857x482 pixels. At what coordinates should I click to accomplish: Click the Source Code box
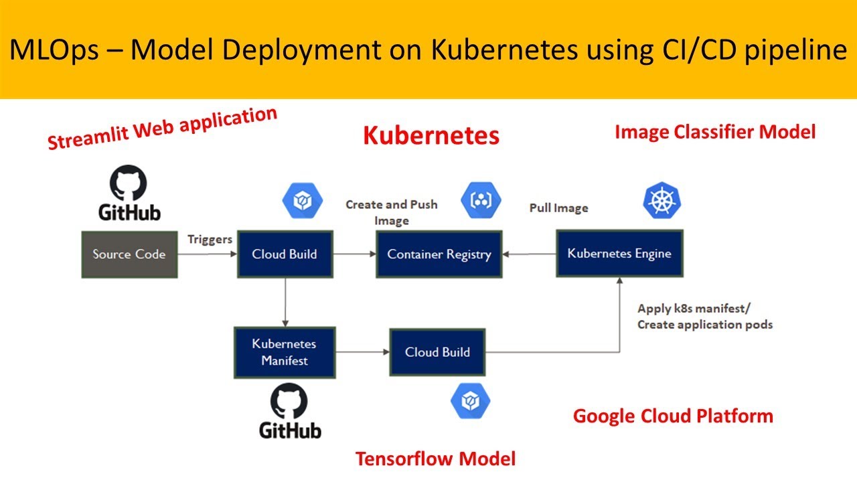129,254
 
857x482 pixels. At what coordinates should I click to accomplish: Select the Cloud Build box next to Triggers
285,254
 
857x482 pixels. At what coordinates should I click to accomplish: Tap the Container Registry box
439,254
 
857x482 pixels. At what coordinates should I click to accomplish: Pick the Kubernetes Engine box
619,253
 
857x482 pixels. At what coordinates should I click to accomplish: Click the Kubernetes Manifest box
284,352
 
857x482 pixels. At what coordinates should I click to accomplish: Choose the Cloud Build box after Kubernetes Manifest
437,352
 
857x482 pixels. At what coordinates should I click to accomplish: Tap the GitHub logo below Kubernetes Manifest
290,411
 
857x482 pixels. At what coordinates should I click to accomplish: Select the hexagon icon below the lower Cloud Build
470,401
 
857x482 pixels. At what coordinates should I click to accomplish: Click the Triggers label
210,239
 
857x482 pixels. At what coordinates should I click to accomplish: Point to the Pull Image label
558,208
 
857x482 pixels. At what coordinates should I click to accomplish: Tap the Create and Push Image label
392,212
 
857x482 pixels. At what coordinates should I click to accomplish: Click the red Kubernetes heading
431,135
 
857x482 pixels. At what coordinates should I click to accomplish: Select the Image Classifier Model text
714,132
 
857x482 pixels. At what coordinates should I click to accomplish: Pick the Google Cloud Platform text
673,416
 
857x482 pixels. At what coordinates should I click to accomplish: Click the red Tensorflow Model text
435,459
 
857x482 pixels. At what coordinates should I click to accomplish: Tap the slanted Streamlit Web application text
162,129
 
